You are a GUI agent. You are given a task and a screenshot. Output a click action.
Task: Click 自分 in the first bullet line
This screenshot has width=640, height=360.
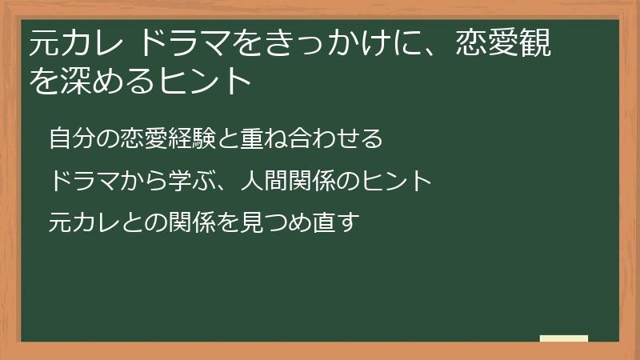click(x=70, y=138)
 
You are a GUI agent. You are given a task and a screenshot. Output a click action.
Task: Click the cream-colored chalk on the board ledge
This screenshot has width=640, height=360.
click(x=564, y=338)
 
